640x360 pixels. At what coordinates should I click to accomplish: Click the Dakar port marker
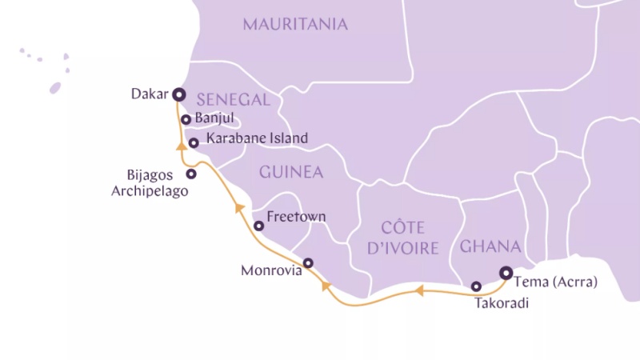(178, 94)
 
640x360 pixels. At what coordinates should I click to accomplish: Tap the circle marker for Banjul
(186, 119)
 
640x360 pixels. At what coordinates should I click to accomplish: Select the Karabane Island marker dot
(194, 143)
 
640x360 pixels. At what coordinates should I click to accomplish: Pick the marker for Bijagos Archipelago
(191, 174)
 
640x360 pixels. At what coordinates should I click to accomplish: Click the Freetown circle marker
(259, 226)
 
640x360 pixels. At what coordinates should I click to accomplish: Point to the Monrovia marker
(308, 262)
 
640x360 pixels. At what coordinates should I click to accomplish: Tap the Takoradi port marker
(476, 286)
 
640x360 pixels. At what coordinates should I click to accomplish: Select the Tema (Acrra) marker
(506, 273)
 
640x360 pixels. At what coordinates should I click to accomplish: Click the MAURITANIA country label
(295, 25)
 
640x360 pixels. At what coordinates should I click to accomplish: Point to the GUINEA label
(290, 172)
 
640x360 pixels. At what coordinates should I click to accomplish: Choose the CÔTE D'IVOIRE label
(402, 238)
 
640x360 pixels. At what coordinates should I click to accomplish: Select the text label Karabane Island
(257, 138)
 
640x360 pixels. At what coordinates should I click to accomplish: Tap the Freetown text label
(296, 217)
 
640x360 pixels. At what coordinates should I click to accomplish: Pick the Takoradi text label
(502, 303)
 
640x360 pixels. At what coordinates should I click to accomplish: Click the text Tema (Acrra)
(555, 282)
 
